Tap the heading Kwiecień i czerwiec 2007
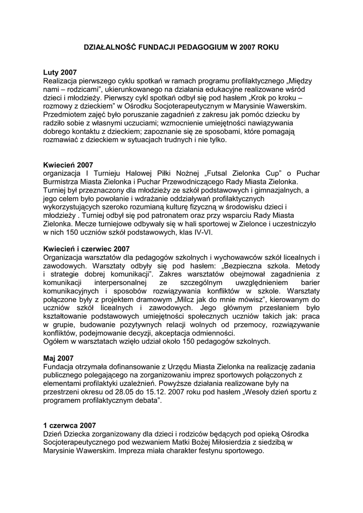[87, 248]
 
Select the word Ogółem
[58, 341]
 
